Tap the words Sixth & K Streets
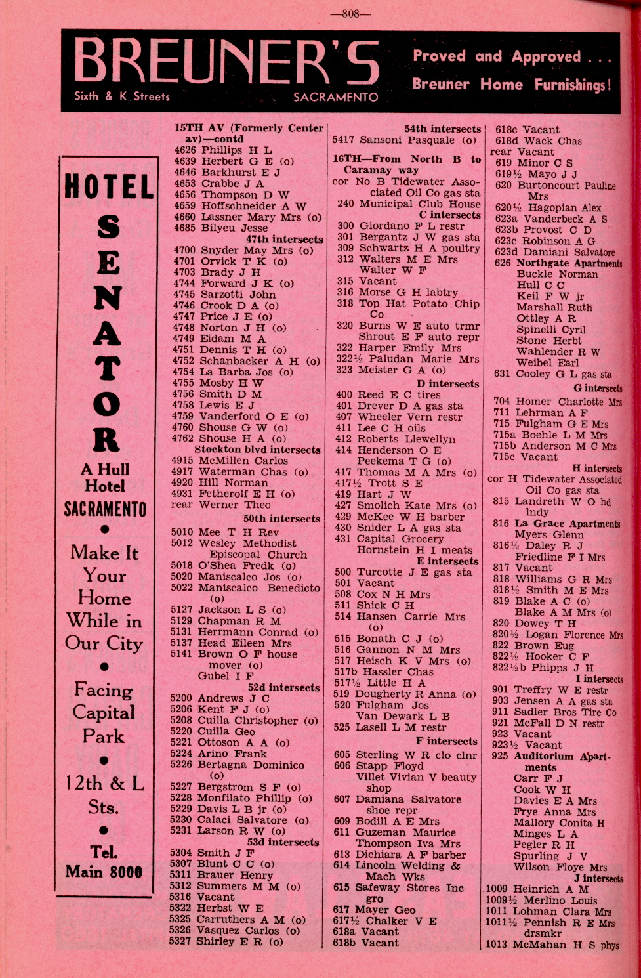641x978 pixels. [122, 96]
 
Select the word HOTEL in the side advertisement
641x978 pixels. [109, 187]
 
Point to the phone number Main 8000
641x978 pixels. [104, 872]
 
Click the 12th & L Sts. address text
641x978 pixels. [104, 795]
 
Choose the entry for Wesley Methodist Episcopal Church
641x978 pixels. [247, 549]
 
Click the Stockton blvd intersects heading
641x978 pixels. [257, 450]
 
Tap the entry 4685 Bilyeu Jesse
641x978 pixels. [221, 228]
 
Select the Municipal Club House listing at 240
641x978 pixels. [409, 203]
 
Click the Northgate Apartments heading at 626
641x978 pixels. [558, 263]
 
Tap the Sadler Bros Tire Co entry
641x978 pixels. [554, 712]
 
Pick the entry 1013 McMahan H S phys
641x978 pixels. [552, 945]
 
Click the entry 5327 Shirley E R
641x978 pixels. [226, 941]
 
